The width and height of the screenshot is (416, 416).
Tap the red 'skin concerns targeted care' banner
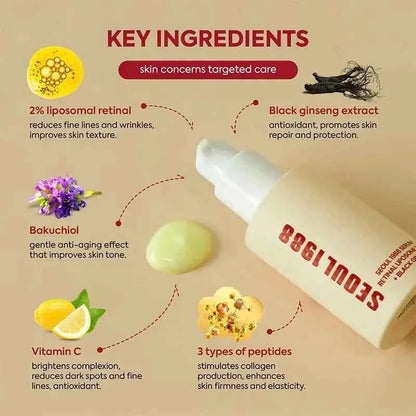[x=208, y=69]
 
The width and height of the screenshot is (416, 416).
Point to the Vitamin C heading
[x=57, y=353]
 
